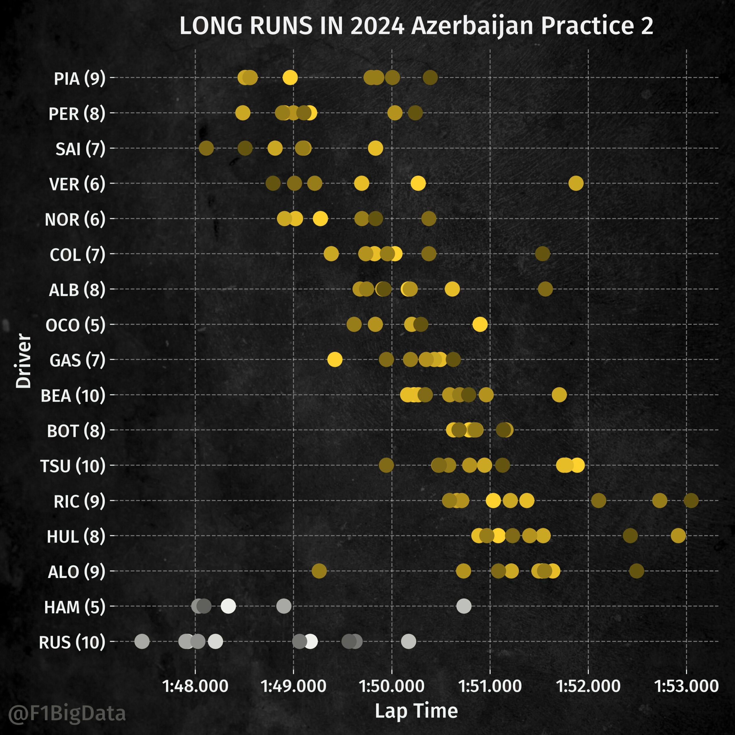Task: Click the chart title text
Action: pyautogui.click(x=416, y=26)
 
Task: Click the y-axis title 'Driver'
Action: pyautogui.click(x=23, y=361)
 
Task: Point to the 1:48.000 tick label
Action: pyautogui.click(x=195, y=686)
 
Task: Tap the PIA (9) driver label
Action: pyautogui.click(x=80, y=79)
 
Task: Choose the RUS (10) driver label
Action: pyautogui.click(x=72, y=643)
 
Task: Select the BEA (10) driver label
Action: pyautogui.click(x=73, y=396)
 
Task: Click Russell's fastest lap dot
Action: pyautogui.click(x=142, y=641)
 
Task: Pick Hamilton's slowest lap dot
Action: pyautogui.click(x=464, y=606)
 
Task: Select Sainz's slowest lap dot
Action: pyautogui.click(x=376, y=148)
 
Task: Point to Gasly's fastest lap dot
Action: pyautogui.click(x=335, y=359)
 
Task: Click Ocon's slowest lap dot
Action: pyautogui.click(x=480, y=324)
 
